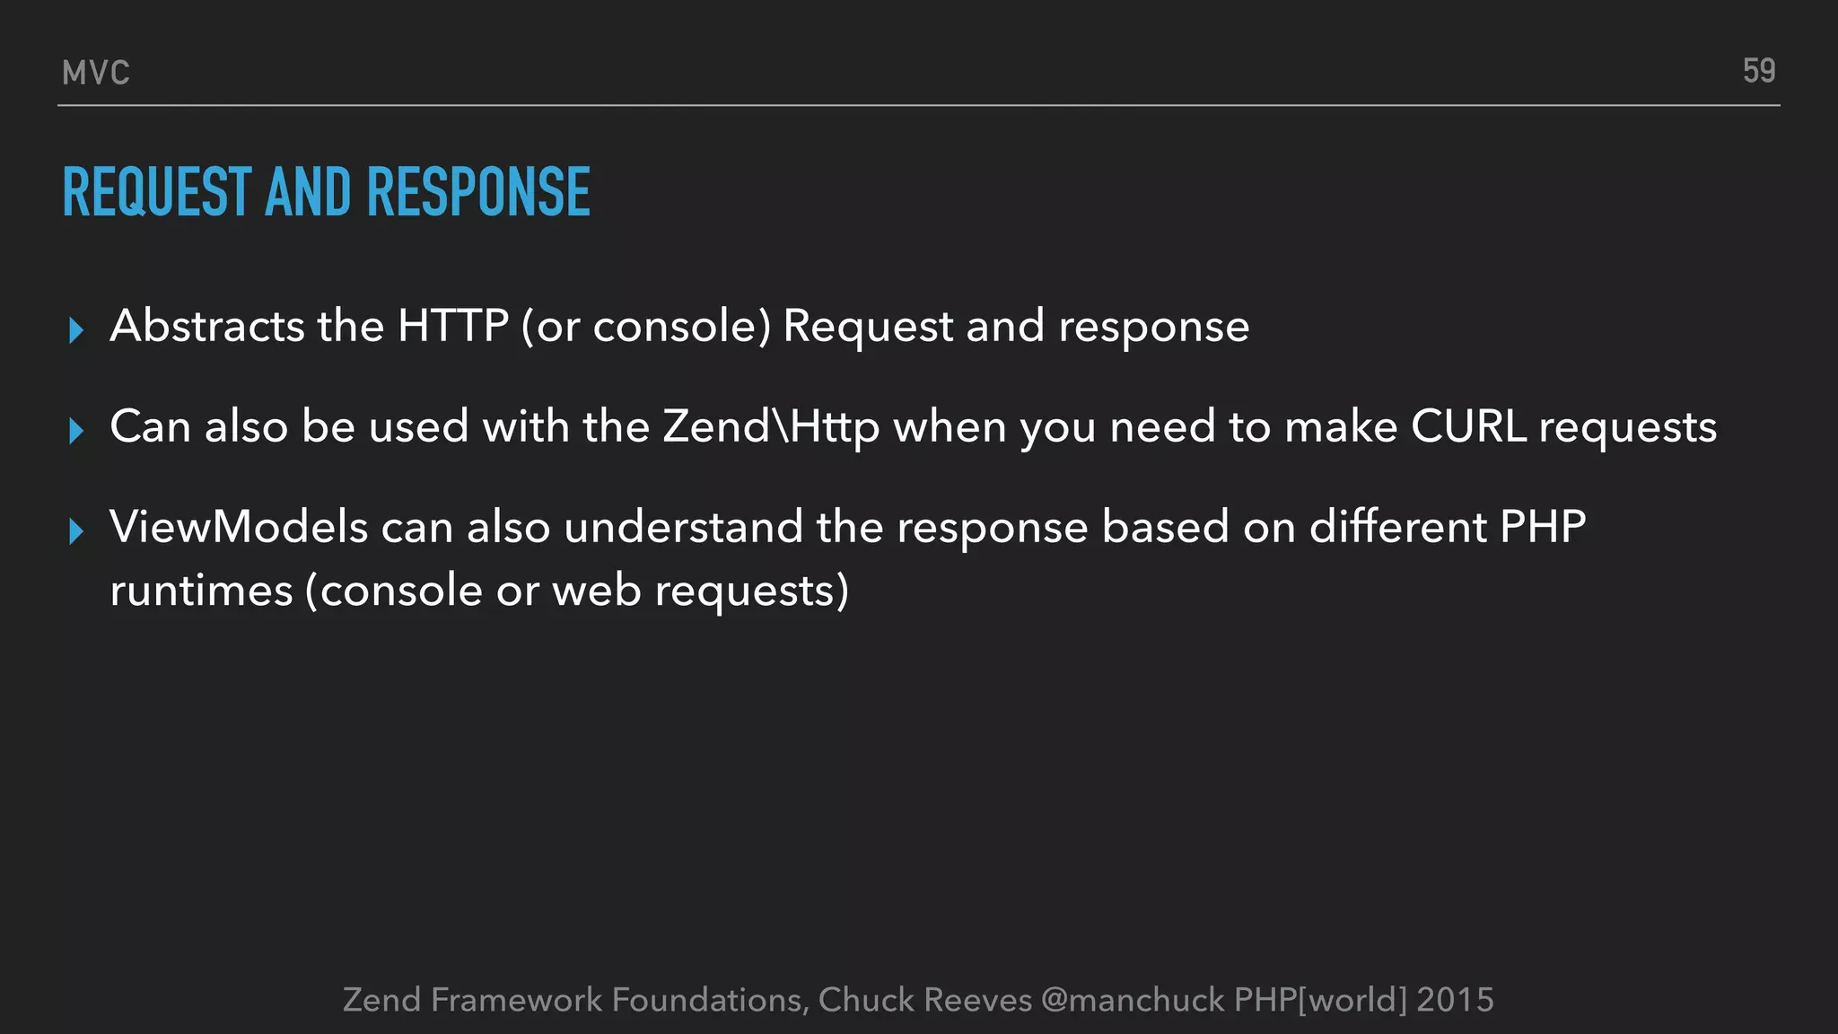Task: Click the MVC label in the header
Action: click(x=96, y=73)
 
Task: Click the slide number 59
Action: click(x=1758, y=71)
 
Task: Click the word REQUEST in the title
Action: click(x=157, y=192)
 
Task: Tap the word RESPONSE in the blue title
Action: click(x=478, y=192)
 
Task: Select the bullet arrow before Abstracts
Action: click(x=76, y=331)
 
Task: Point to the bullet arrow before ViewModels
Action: click(x=76, y=531)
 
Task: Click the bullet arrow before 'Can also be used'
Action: click(x=76, y=432)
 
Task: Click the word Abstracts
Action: click(x=207, y=325)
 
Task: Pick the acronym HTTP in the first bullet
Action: click(x=453, y=325)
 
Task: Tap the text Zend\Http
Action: click(x=771, y=426)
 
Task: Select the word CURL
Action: click(x=1468, y=426)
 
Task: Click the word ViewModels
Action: click(x=239, y=526)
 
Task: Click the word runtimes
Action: click(x=201, y=591)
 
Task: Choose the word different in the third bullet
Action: click(x=1397, y=526)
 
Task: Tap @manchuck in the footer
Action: click(x=1133, y=1000)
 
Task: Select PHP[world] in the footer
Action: click(x=1320, y=1000)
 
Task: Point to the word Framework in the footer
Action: click(x=516, y=1000)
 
